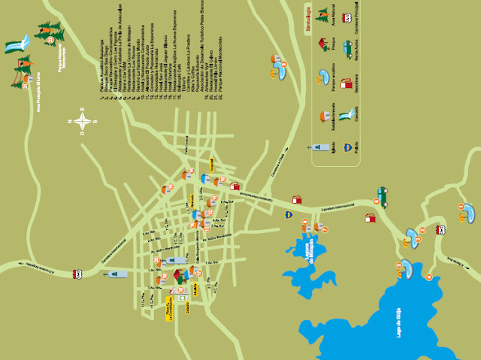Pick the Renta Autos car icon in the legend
[346, 50]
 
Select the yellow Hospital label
[211, 164]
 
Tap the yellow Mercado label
[192, 201]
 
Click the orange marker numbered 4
[429, 277]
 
